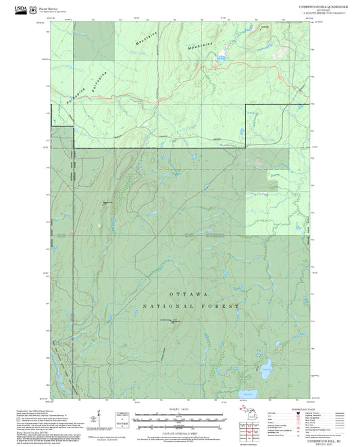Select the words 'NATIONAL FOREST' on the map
[x=190, y=306]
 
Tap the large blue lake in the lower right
[x=267, y=369]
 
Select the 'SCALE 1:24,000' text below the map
[x=179, y=410]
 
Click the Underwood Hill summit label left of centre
[x=107, y=203]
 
